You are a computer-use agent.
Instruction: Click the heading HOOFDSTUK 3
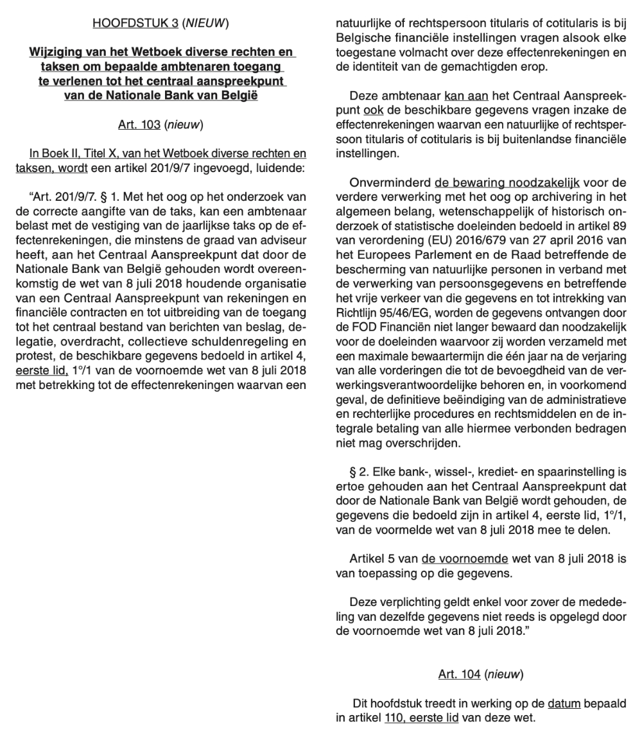click(135, 24)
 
